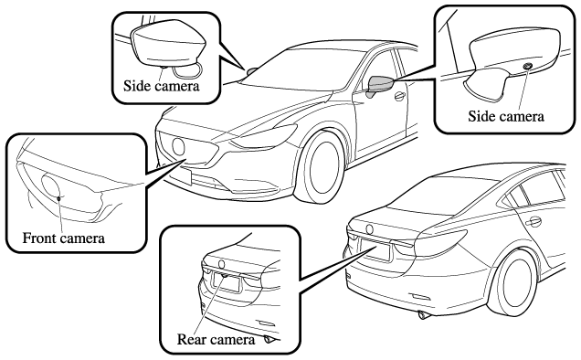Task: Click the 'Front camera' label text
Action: [64, 238]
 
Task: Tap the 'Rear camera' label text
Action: [216, 340]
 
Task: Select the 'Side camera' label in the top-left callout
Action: [162, 86]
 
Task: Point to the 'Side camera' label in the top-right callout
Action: [506, 116]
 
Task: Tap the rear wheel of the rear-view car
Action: [517, 282]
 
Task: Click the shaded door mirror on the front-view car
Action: [380, 85]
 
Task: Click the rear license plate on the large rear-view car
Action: [375, 249]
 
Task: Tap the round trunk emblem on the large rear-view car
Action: [369, 229]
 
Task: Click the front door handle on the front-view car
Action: [400, 96]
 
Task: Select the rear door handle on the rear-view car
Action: [533, 222]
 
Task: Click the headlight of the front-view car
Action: [263, 136]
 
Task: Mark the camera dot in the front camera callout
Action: [58, 198]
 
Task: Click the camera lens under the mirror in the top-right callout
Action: [527, 66]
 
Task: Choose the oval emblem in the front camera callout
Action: [51, 188]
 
